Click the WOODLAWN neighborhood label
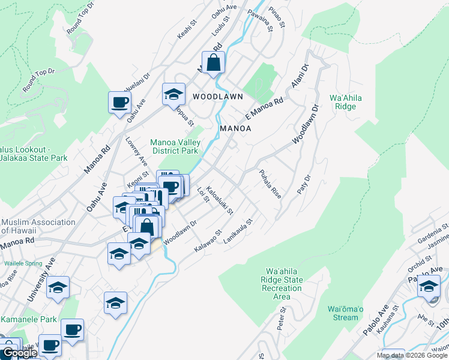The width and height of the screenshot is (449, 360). [x=218, y=96]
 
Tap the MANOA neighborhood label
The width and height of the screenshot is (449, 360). [x=235, y=128]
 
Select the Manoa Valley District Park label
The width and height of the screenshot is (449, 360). [x=175, y=146]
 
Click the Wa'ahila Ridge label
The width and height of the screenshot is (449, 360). [x=343, y=102]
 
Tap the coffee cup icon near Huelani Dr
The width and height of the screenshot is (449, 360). [x=119, y=101]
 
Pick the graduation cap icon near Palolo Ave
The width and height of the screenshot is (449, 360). [x=429, y=286]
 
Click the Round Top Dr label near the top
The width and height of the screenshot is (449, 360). [x=82, y=17]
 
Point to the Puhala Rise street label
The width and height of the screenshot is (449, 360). [x=270, y=184]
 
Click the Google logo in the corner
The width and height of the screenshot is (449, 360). [x=19, y=353]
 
